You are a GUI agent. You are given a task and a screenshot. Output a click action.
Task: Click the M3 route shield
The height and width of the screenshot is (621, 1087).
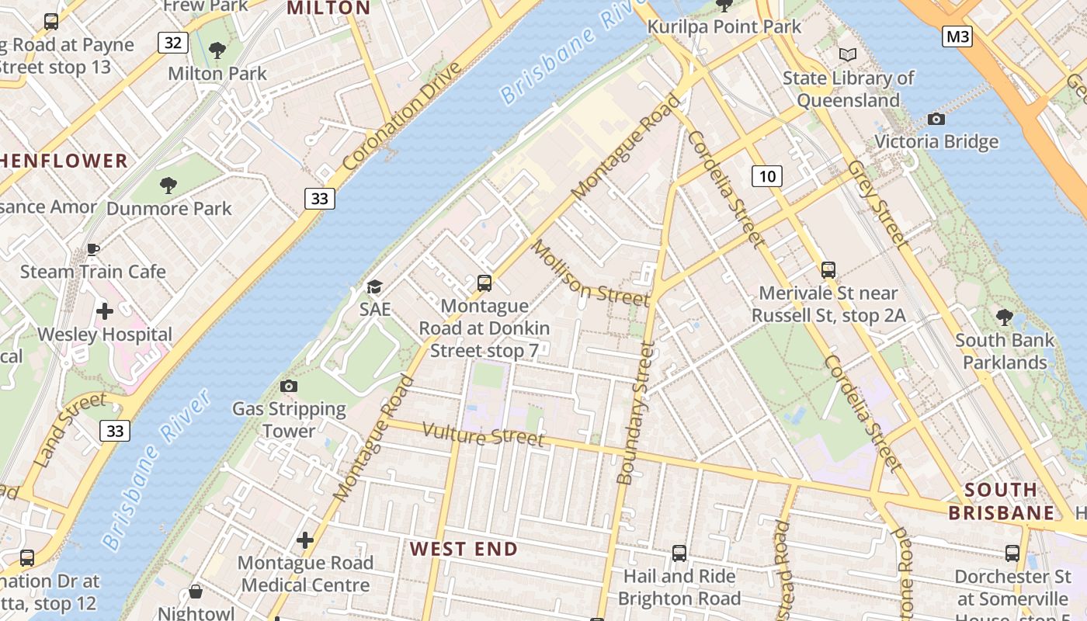click(957, 36)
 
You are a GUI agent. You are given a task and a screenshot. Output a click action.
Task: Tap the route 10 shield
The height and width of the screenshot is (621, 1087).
click(766, 176)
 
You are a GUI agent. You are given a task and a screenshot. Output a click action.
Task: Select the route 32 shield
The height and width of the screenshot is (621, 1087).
click(173, 43)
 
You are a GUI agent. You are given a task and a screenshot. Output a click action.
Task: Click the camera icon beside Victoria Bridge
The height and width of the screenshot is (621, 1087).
click(936, 119)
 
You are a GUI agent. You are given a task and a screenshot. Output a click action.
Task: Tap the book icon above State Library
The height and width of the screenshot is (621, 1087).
click(848, 54)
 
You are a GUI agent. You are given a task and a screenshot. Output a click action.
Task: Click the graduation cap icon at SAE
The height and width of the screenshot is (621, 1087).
click(374, 287)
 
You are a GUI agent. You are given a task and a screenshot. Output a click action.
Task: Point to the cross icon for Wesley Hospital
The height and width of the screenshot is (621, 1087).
click(105, 312)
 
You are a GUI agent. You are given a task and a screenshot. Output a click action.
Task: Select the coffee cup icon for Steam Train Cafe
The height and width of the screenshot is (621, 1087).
click(93, 249)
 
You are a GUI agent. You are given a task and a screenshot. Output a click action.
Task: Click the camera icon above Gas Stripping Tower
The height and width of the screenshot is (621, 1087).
click(289, 386)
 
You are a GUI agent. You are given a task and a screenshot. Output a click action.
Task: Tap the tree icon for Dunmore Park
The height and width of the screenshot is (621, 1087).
click(168, 185)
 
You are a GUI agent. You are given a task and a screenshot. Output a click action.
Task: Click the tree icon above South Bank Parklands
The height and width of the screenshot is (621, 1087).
click(1004, 317)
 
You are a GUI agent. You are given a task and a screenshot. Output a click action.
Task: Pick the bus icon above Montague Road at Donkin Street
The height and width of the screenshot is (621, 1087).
click(484, 283)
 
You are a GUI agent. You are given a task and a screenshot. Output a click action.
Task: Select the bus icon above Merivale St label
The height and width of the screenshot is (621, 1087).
click(828, 270)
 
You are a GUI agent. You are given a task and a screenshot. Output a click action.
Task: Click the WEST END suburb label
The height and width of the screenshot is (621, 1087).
click(464, 549)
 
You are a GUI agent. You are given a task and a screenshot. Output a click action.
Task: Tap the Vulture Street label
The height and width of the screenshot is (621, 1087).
click(484, 435)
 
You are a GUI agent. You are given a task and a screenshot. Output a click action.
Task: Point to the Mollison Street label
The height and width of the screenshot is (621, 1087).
click(589, 273)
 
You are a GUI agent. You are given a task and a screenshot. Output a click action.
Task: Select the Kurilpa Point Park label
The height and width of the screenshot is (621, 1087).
click(724, 27)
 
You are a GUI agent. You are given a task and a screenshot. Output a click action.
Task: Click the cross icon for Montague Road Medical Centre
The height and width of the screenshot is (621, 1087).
click(305, 539)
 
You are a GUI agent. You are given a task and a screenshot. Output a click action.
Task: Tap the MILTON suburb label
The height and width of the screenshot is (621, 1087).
click(328, 8)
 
